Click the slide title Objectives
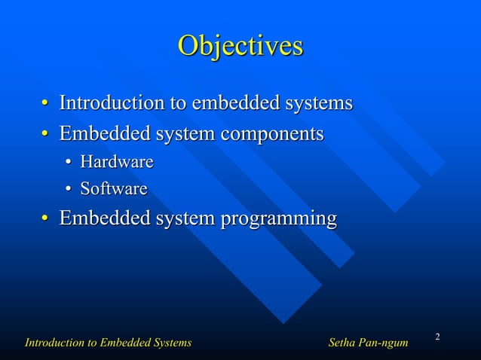tap(240, 46)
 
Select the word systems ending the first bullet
tap(317, 102)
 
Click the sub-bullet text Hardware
tap(117, 162)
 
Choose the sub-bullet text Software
tap(114, 188)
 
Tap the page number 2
tap(437, 334)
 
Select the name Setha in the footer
tap(343, 343)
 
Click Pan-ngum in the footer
tap(384, 343)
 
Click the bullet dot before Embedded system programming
tap(45, 220)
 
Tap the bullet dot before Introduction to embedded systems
tap(45, 103)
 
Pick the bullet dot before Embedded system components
tap(45, 136)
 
